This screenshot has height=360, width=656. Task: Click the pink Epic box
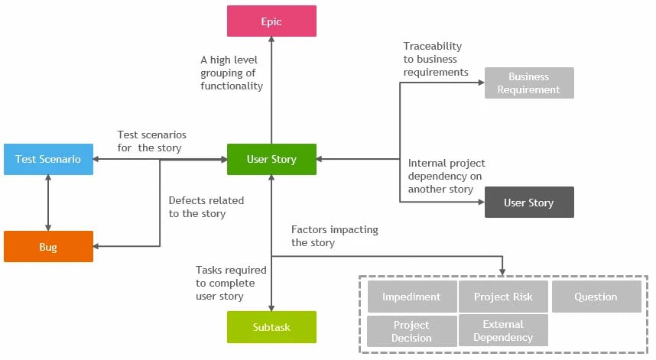pyautogui.click(x=271, y=21)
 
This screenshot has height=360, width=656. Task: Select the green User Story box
pyautogui.click(x=271, y=160)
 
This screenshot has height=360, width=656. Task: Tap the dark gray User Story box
pyautogui.click(x=528, y=203)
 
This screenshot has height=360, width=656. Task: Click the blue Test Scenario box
pyautogui.click(x=48, y=159)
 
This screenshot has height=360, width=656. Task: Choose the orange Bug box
pyautogui.click(x=48, y=247)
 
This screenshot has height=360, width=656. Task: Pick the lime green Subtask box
pyautogui.click(x=271, y=327)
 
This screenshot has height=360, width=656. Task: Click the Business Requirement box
pyautogui.click(x=528, y=83)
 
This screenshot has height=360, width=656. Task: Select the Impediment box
pyautogui.click(x=411, y=297)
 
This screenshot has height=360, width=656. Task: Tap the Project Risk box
pyautogui.click(x=503, y=297)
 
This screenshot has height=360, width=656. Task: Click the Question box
pyautogui.click(x=596, y=297)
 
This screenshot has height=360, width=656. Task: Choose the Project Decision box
pyautogui.click(x=411, y=331)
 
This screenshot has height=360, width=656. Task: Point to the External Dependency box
pyautogui.click(x=503, y=330)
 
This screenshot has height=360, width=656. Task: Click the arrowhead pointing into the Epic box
pyautogui.click(x=271, y=41)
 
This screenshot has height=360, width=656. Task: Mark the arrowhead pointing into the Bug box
pyautogui.click(x=98, y=247)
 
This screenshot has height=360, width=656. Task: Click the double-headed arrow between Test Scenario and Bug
pyautogui.click(x=48, y=203)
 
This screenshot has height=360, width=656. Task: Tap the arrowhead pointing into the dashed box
pyautogui.click(x=502, y=271)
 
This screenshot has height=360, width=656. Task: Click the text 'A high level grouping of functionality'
pyautogui.click(x=232, y=73)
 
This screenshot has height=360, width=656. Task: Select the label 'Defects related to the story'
pyautogui.click(x=206, y=207)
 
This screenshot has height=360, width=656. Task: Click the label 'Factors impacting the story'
pyautogui.click(x=334, y=236)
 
